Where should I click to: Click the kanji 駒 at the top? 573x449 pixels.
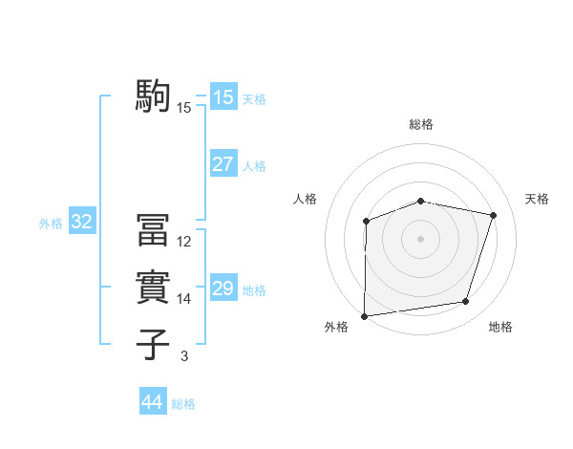pos(154,96)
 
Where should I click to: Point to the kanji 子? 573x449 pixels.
pos(154,345)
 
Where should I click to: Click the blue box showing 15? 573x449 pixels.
pos(223,97)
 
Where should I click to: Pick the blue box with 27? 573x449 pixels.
pos(223,164)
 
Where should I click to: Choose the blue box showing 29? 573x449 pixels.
pos(223,289)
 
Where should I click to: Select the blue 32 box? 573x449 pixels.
pos(82,223)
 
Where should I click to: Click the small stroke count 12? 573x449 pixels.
pos(184,242)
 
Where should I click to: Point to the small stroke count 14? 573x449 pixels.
pos(184,299)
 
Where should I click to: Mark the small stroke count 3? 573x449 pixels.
pos(184,356)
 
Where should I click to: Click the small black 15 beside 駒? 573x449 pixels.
pos(184,108)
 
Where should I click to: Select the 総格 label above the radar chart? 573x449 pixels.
pos(421,124)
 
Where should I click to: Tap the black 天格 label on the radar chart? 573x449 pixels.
pos(538,199)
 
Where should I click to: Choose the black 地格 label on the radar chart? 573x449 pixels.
pos(500,327)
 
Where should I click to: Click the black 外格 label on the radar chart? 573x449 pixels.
pos(336,327)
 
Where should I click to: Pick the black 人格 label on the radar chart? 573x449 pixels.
pos(305,199)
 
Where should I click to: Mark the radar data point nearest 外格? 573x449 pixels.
pos(365,315)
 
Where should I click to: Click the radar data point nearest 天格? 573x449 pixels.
pos(493,215)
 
